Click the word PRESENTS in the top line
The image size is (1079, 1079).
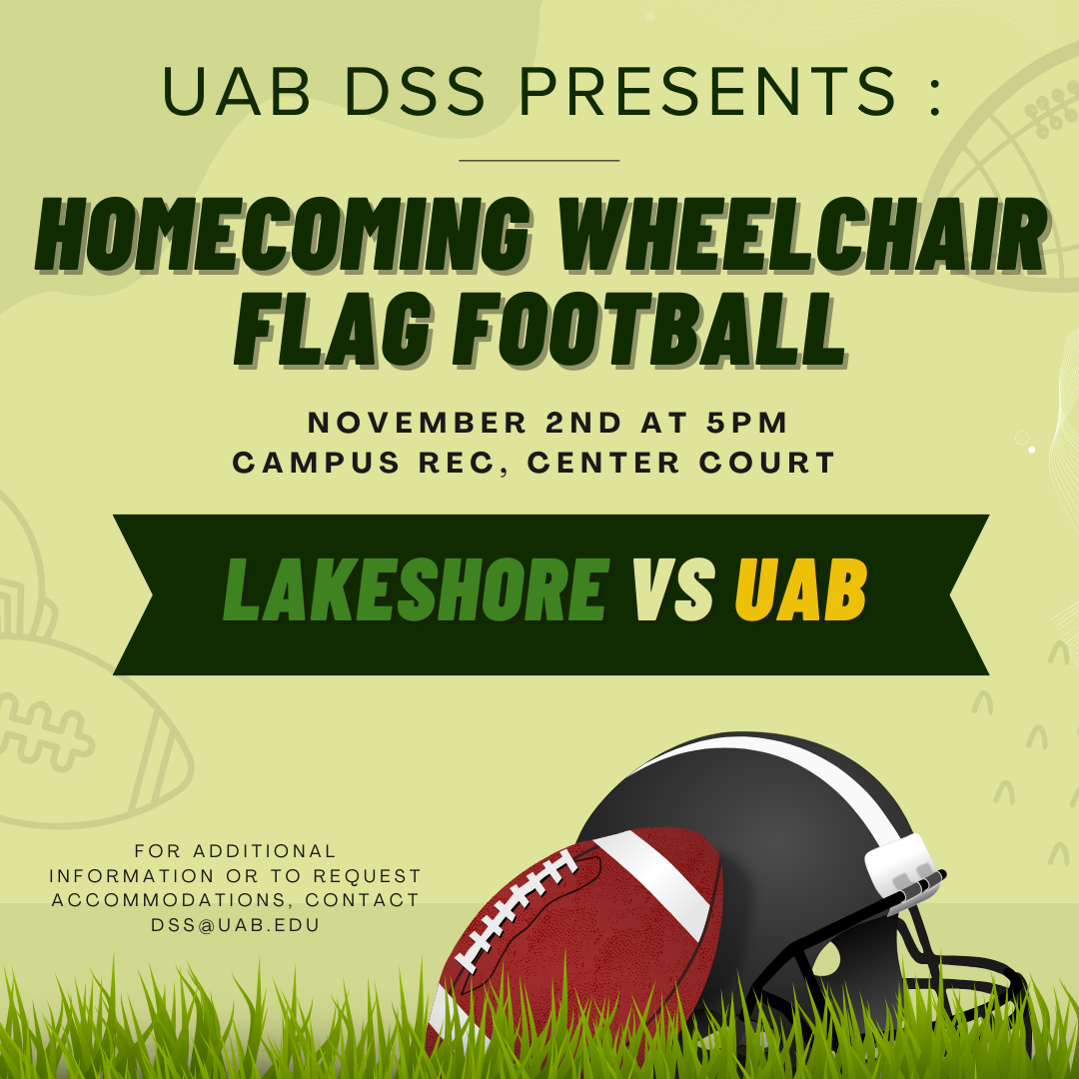(707, 91)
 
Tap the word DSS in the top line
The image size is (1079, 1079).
(415, 91)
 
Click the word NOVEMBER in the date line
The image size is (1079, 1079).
(417, 423)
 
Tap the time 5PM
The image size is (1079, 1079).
(746, 423)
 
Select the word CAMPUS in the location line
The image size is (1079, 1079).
(316, 463)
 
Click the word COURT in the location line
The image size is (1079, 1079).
(767, 463)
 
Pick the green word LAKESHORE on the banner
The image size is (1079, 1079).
(417, 589)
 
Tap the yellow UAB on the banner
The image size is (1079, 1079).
(801, 589)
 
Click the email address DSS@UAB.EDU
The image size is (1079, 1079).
(236, 925)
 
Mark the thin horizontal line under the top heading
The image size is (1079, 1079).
(539, 160)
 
